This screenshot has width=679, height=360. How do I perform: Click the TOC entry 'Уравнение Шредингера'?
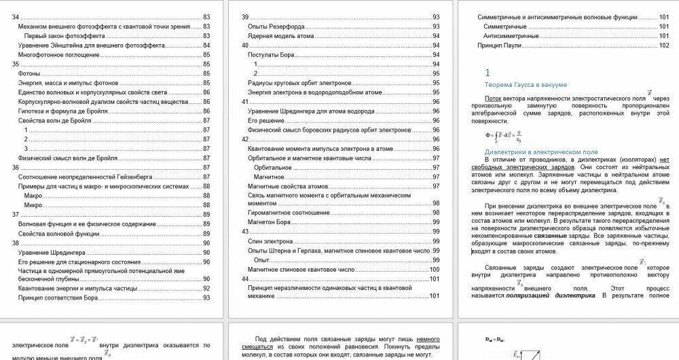click(44, 252)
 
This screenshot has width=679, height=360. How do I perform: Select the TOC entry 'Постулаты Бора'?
click(270, 54)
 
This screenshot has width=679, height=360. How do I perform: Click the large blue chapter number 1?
click(486, 72)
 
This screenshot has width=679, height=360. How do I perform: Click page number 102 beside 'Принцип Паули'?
click(663, 45)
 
